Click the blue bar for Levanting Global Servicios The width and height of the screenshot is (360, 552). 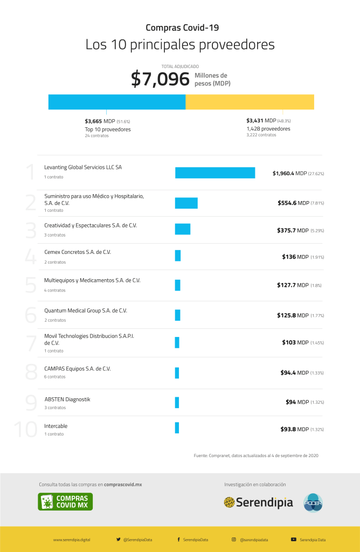(214, 172)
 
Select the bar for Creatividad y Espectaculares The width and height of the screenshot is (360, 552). (182, 229)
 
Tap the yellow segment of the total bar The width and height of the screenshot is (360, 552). (250, 102)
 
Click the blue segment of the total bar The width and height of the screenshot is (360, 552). (117, 102)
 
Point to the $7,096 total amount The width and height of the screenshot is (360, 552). (160, 79)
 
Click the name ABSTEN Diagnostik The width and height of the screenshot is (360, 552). (67, 399)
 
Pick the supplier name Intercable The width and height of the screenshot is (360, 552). (56, 426)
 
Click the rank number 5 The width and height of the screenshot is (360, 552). (31, 285)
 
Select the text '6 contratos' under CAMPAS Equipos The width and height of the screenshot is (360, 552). (55, 377)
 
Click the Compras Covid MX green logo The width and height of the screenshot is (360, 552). (65, 501)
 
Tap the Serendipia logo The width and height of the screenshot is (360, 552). (259, 502)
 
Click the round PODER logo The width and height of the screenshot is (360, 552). (313, 502)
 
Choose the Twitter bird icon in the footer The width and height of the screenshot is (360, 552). (119, 539)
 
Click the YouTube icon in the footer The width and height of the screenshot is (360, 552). (294, 539)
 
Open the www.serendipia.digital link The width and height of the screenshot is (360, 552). (71, 540)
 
